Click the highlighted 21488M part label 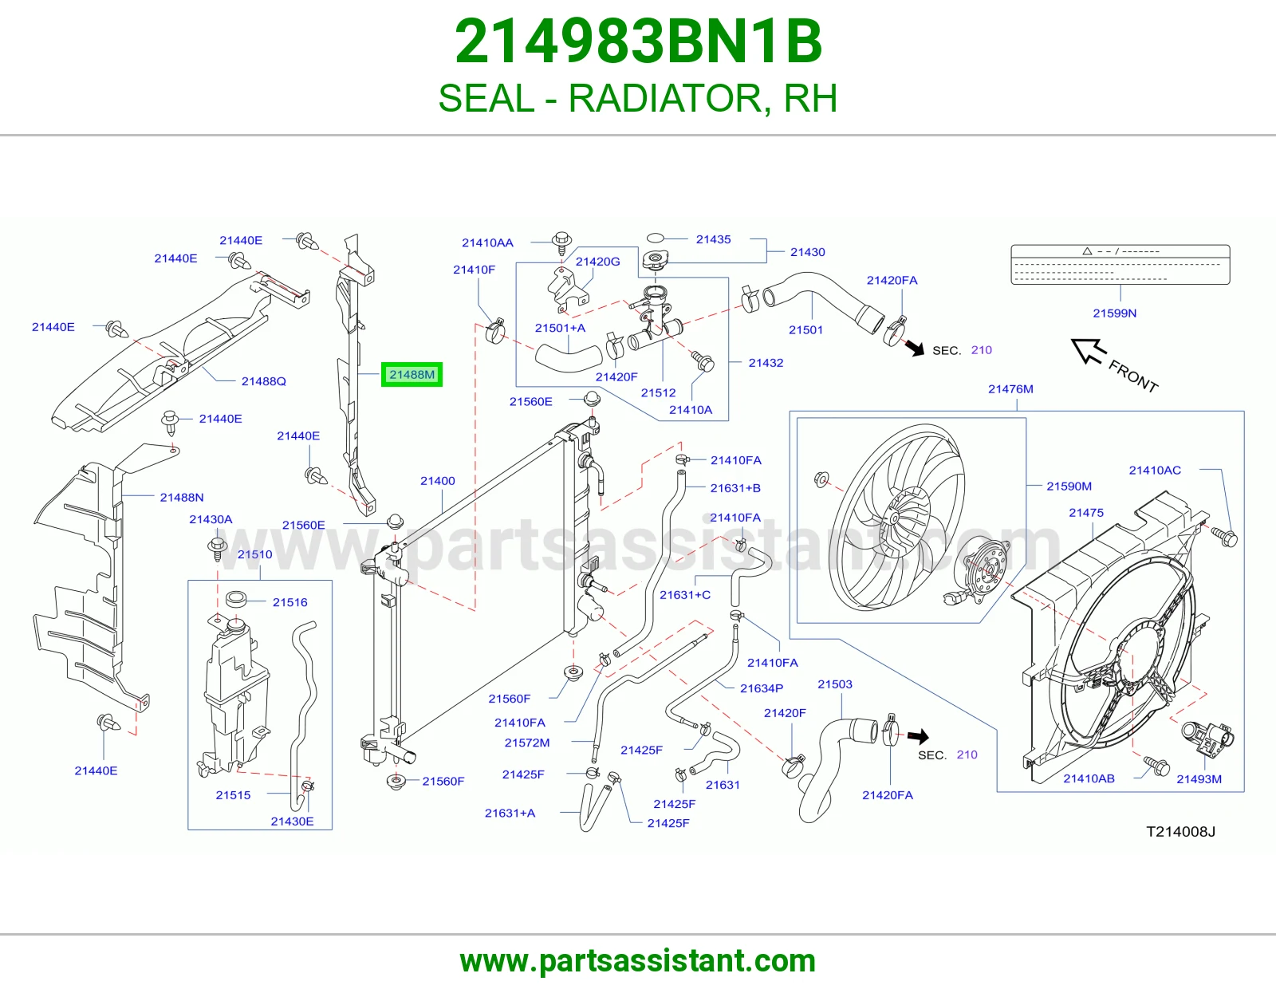point(412,375)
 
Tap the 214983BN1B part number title point(638,41)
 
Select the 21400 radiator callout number point(438,480)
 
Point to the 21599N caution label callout point(1115,313)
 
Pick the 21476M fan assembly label point(1010,388)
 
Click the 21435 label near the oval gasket point(714,239)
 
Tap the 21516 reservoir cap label point(290,602)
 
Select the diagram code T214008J point(1181,832)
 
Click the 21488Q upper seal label point(264,381)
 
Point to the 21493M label point(1199,778)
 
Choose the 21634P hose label point(762,688)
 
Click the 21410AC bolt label point(1155,470)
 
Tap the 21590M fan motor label point(1069,486)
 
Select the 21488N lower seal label point(182,497)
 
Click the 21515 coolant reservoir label point(233,794)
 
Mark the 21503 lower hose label point(835,684)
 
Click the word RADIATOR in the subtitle point(666,98)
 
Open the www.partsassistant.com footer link point(638,961)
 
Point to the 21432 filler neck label point(766,362)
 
